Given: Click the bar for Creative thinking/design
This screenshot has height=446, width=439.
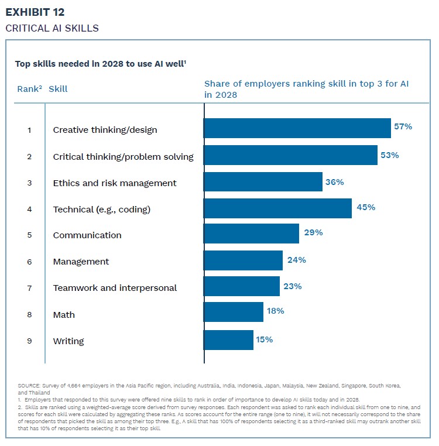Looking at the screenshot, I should pyautogui.click(x=297, y=128).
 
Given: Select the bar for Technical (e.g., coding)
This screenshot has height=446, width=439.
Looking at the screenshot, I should pyautogui.click(x=277, y=208).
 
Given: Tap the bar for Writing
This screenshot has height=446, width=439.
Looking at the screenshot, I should pyautogui.click(x=228, y=340).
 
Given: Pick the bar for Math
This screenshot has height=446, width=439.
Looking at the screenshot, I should pyautogui.click(x=233, y=312).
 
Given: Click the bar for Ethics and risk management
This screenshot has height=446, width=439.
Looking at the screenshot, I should pyautogui.click(x=263, y=181).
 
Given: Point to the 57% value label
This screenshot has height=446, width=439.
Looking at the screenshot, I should pyautogui.click(x=403, y=126).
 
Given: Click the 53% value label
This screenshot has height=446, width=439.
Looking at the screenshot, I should pyautogui.click(x=390, y=155).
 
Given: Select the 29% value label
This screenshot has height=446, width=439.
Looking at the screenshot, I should pyautogui.click(x=313, y=232).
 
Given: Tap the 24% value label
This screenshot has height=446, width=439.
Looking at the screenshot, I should pyautogui.click(x=297, y=259).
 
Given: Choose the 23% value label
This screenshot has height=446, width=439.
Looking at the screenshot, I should pyautogui.click(x=293, y=286).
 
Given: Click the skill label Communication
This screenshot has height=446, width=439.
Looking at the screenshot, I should pyautogui.click(x=87, y=235).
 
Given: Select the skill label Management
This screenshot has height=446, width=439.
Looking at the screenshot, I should pyautogui.click(x=81, y=262).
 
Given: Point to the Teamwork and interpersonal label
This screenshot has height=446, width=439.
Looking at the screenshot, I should pyautogui.click(x=115, y=288).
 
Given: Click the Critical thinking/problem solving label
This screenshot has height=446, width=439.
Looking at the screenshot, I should pyautogui.click(x=123, y=157).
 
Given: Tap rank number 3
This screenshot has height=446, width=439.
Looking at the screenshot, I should pyautogui.click(x=29, y=183).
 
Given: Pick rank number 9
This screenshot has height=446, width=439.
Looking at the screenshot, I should pyautogui.click(x=29, y=341).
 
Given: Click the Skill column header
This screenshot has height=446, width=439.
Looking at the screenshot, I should pyautogui.click(x=58, y=89).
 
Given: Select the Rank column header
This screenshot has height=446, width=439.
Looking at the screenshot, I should pyautogui.click(x=28, y=89).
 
